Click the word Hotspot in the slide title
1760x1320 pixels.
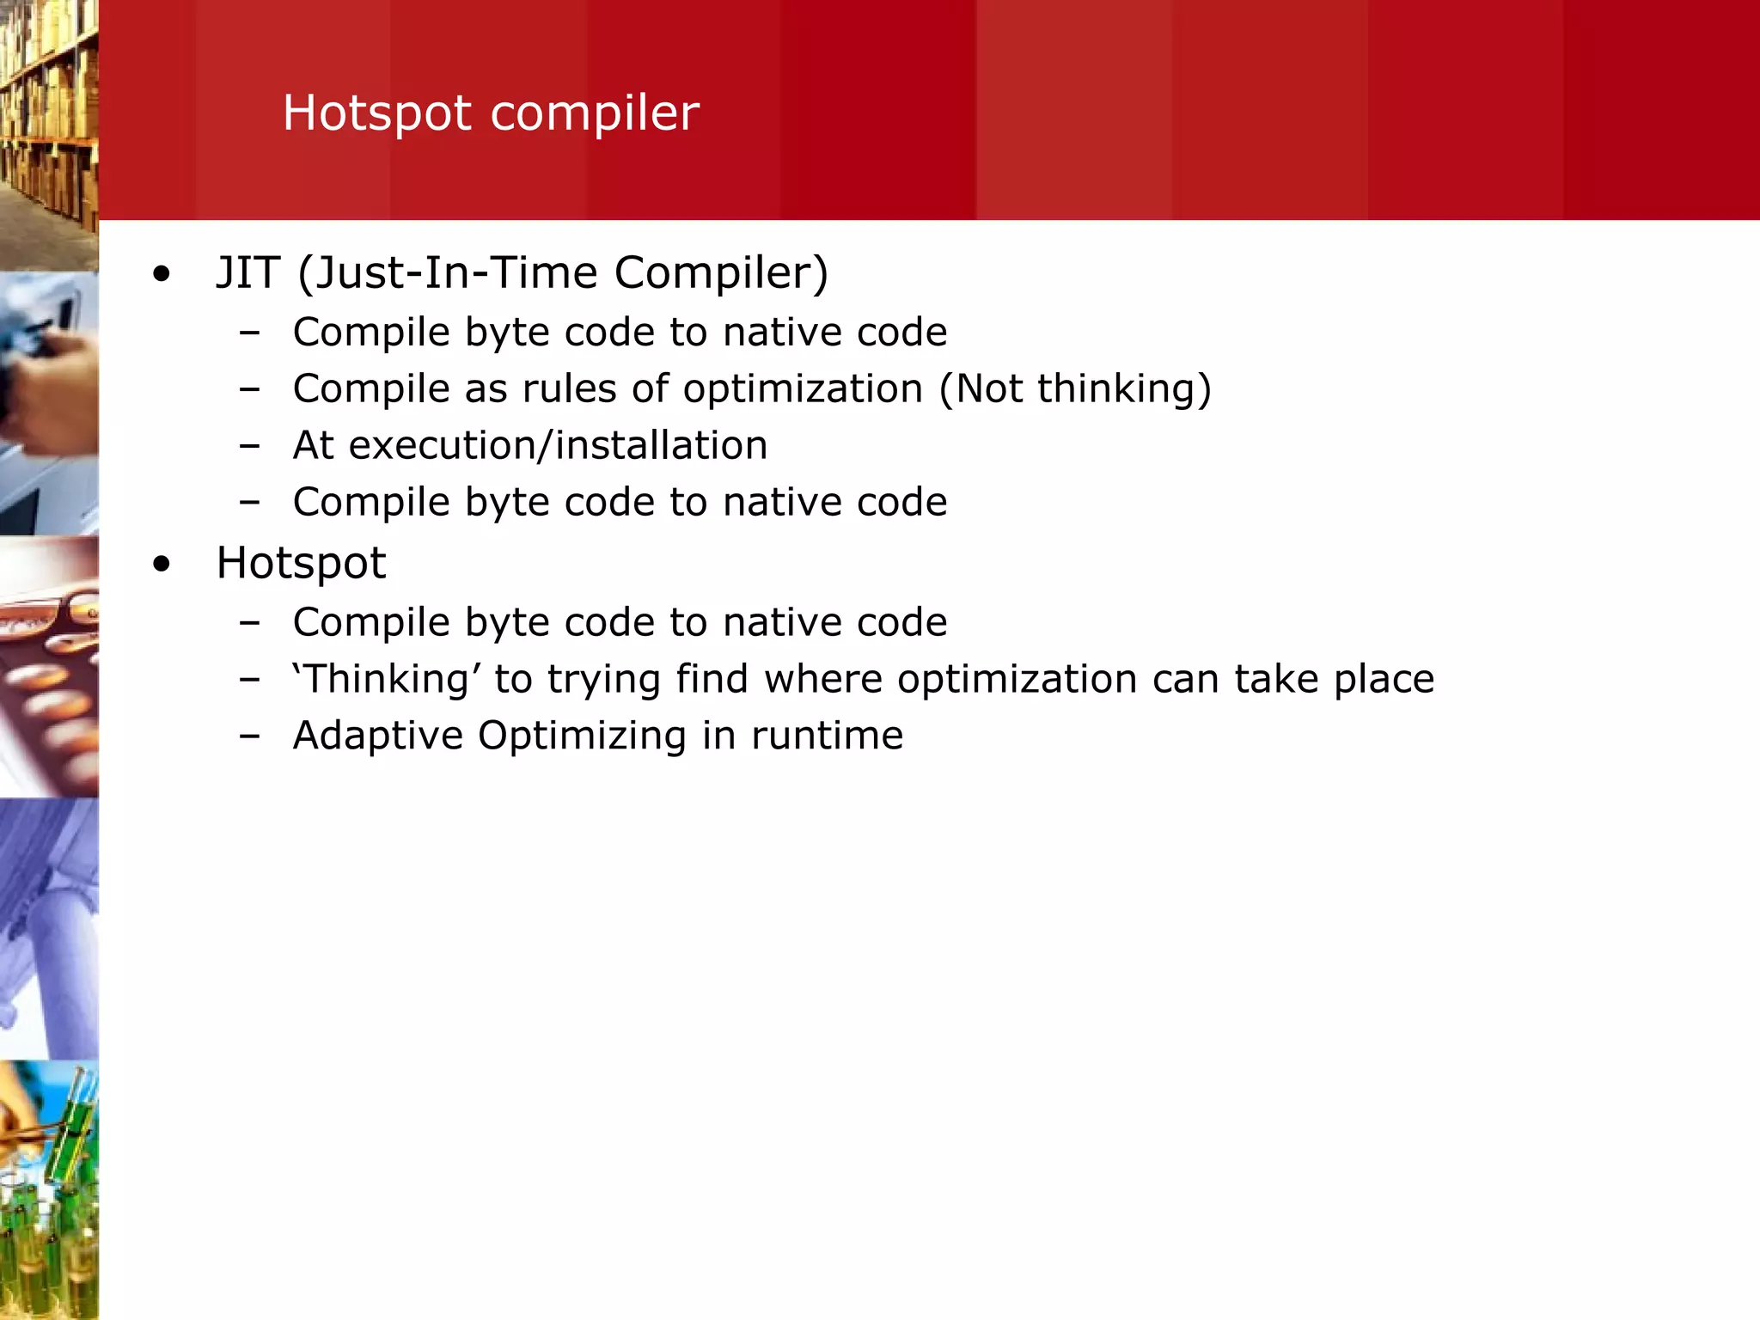376,113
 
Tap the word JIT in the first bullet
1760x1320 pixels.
247,272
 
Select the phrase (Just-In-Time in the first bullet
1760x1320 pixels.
447,272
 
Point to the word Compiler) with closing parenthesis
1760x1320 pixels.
721,272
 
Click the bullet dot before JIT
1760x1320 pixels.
161,275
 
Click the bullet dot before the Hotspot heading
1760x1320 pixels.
161,565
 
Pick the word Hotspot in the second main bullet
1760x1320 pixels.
301,563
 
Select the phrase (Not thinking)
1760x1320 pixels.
1074,388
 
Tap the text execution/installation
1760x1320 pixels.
558,445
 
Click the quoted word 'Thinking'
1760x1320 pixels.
386,679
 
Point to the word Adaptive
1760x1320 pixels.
377,736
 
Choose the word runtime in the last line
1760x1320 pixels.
827,736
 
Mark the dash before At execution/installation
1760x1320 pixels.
249,446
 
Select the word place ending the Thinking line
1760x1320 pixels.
1384,679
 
